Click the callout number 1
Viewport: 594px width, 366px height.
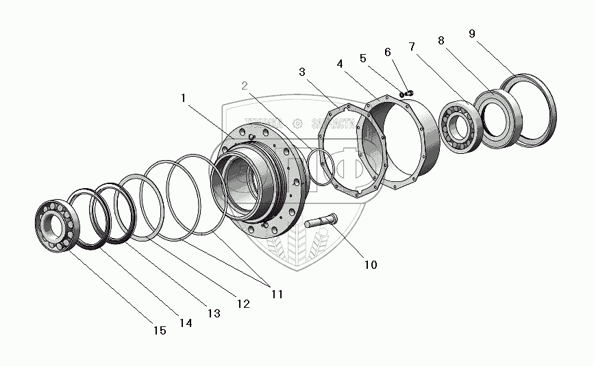183,98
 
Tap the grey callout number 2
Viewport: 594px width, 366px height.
245,86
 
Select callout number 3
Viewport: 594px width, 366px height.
303,72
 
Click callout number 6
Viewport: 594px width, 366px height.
388,52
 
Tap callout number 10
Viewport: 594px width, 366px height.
370,264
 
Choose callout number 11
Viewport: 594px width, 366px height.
275,294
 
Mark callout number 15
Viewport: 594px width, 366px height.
159,330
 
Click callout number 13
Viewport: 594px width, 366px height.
214,313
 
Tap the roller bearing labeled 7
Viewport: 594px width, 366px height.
459,127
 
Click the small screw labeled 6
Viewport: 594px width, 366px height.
408,92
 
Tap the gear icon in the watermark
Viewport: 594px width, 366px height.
297,123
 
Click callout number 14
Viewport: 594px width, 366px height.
186,323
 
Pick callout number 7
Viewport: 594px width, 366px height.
411,47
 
